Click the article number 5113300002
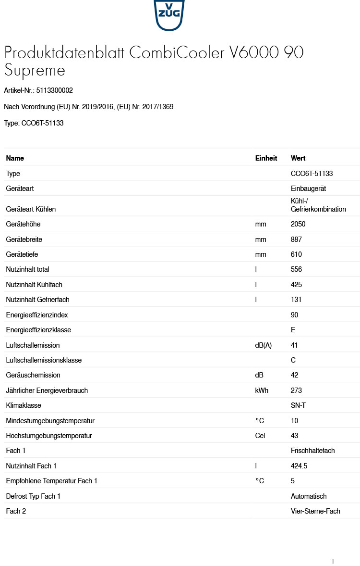pos(54,90)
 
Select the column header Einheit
pos(266,158)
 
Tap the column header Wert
pos(298,158)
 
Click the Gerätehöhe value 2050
pos(298,224)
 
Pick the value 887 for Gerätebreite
pos(296,239)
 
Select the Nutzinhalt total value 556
pos(296,269)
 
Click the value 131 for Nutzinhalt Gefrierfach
pos(296,300)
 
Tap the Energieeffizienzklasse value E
pos(293,330)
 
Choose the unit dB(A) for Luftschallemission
pos(264,345)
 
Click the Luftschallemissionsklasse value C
pos(293,360)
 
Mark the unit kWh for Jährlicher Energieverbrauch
pos(262,390)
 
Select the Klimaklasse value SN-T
pos(298,405)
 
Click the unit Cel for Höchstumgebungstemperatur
pos(260,436)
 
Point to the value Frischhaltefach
pos(312,451)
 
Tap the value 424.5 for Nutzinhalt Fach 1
pos(299,466)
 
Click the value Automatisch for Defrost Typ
pos(309,496)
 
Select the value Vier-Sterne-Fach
pos(315,511)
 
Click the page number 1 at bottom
pos(332,561)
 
